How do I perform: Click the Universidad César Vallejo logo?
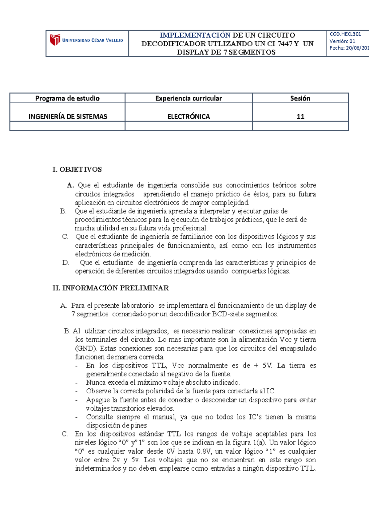pos(86,40)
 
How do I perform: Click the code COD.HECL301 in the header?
pos(345,34)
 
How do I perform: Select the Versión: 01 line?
pos(342,41)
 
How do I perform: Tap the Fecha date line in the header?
pos(349,48)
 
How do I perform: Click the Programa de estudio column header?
pos(67,98)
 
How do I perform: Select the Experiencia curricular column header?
pos(188,98)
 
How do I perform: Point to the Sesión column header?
pos(300,98)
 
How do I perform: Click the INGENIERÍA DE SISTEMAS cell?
pos(68,116)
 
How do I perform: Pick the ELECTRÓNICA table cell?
pos(188,116)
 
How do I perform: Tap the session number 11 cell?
pos(300,116)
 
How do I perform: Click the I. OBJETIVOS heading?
pos(77,169)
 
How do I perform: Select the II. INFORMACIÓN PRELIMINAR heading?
pos(111,288)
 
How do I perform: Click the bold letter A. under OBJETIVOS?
pos(70,185)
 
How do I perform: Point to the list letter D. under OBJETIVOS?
pos(65,263)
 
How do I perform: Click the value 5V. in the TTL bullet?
pos(267,366)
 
